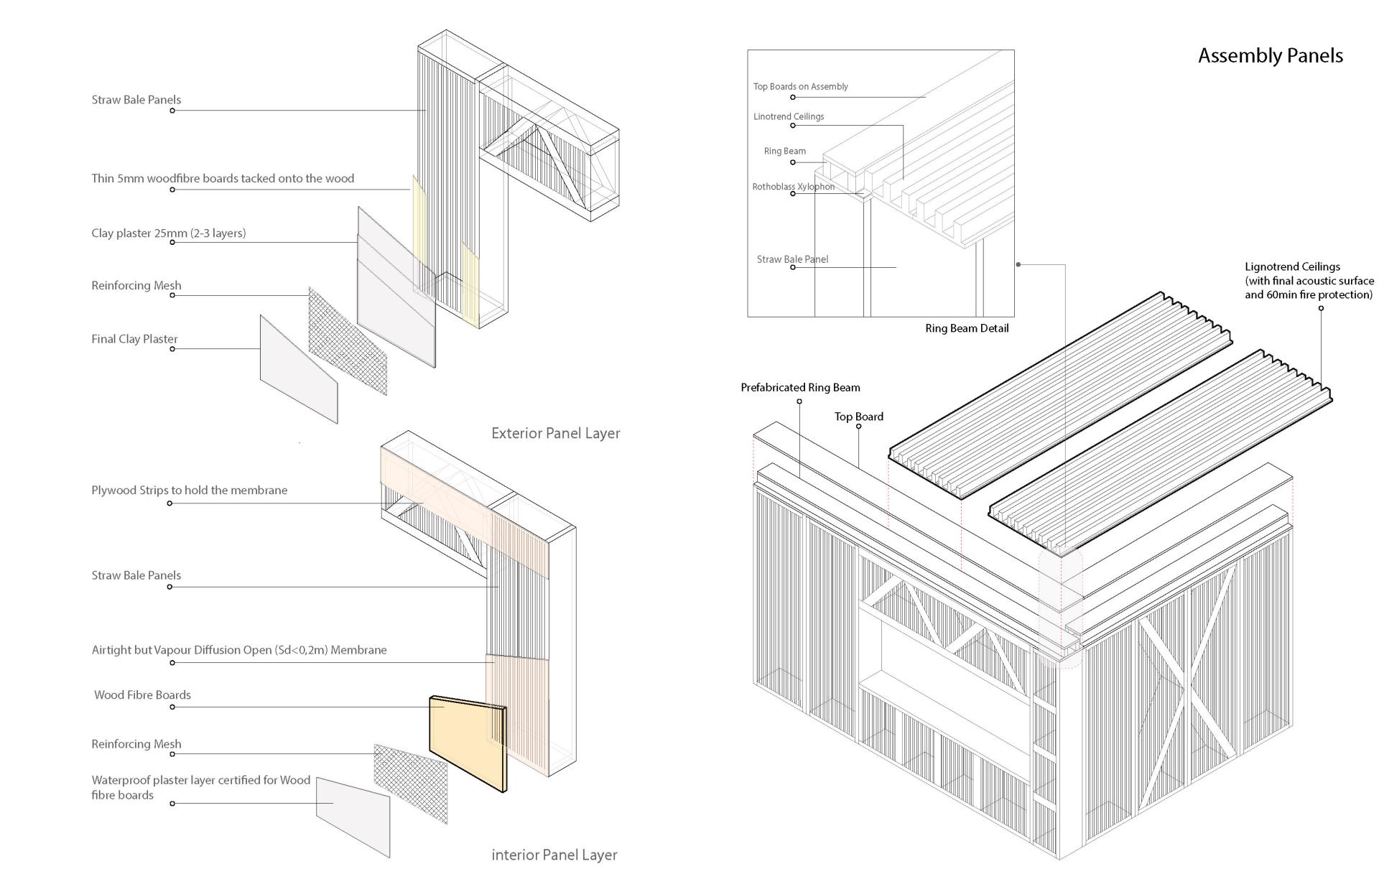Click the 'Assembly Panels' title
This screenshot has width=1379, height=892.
pos(1270,56)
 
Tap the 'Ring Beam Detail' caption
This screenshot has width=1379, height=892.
pos(966,328)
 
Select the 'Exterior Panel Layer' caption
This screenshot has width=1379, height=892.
pos(555,433)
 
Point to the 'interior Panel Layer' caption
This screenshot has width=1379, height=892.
pos(554,855)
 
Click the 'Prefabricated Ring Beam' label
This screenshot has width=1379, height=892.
pos(800,388)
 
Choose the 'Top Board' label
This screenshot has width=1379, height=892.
pos(858,417)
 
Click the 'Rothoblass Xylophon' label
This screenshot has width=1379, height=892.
pos(793,187)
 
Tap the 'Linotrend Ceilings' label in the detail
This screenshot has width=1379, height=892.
pos(788,116)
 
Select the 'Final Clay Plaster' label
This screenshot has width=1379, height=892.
pos(134,339)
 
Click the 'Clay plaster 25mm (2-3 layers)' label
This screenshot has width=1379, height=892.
pos(168,233)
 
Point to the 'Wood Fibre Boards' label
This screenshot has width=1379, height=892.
pos(142,694)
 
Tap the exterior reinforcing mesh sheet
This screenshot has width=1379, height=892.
pos(347,341)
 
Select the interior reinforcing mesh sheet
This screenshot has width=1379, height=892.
pos(410,782)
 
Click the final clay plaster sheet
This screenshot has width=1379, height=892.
pos(297,368)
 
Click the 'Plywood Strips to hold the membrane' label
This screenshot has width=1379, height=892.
pos(189,491)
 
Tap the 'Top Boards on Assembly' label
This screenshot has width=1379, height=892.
pos(800,86)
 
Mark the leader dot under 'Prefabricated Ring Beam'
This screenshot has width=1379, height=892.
pos(799,401)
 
